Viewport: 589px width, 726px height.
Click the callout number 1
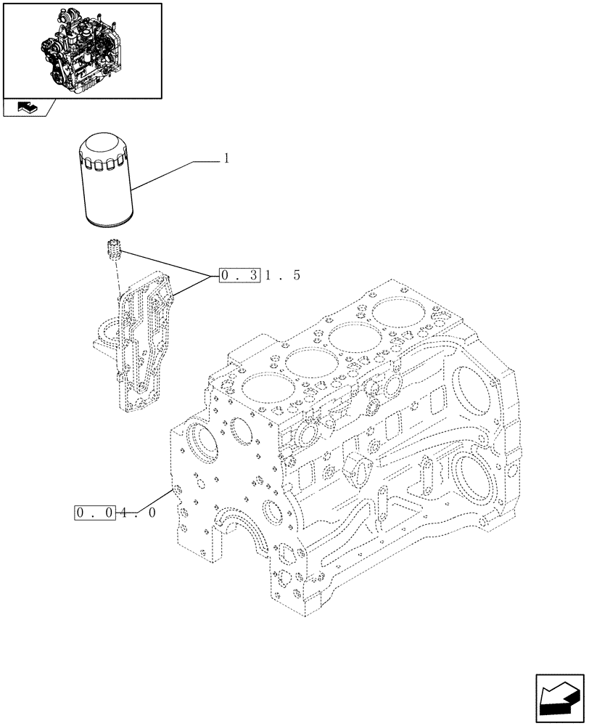[x=226, y=158]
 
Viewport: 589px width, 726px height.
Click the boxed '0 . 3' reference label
[x=239, y=276]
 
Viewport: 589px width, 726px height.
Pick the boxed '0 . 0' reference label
[x=96, y=513]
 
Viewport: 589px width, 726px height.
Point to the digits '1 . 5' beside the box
[x=281, y=276]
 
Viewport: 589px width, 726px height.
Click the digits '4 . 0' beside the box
[x=138, y=513]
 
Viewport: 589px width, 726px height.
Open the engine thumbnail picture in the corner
[x=82, y=49]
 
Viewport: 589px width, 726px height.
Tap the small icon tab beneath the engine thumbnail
[x=27, y=108]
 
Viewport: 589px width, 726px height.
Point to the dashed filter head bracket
[x=145, y=341]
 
